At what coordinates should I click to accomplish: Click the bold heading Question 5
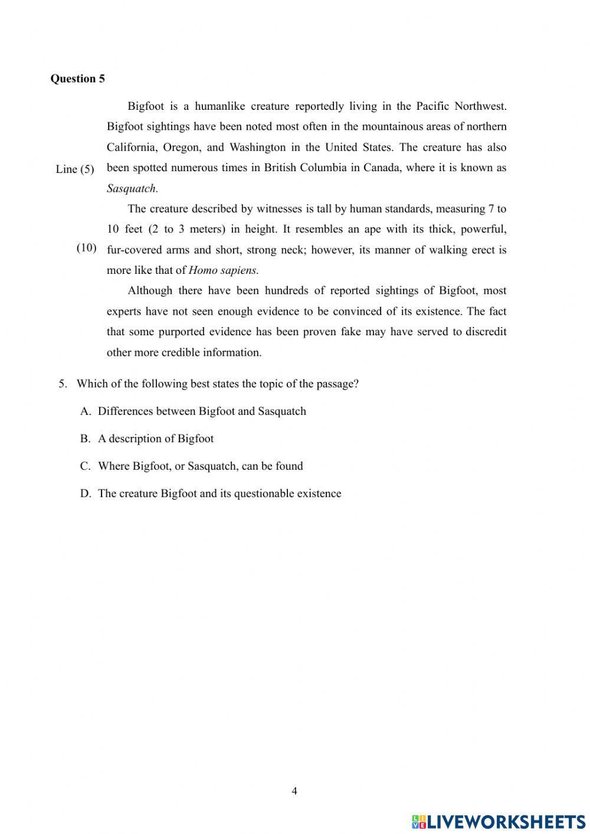(77, 79)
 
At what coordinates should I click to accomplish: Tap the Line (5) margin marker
(75, 169)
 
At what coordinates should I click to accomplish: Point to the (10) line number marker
(87, 247)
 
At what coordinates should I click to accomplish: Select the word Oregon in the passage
(181, 147)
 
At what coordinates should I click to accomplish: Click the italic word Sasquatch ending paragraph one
(132, 188)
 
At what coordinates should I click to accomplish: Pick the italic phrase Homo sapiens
(223, 270)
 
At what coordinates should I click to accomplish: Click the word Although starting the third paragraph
(149, 290)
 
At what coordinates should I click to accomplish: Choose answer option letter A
(86, 411)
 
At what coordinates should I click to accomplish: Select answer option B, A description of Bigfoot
(155, 439)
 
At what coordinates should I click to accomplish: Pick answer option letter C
(86, 466)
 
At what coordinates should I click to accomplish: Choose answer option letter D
(86, 493)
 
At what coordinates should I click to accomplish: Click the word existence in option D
(317, 493)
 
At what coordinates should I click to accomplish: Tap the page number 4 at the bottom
(294, 791)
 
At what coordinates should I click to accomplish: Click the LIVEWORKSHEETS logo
(499, 821)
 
